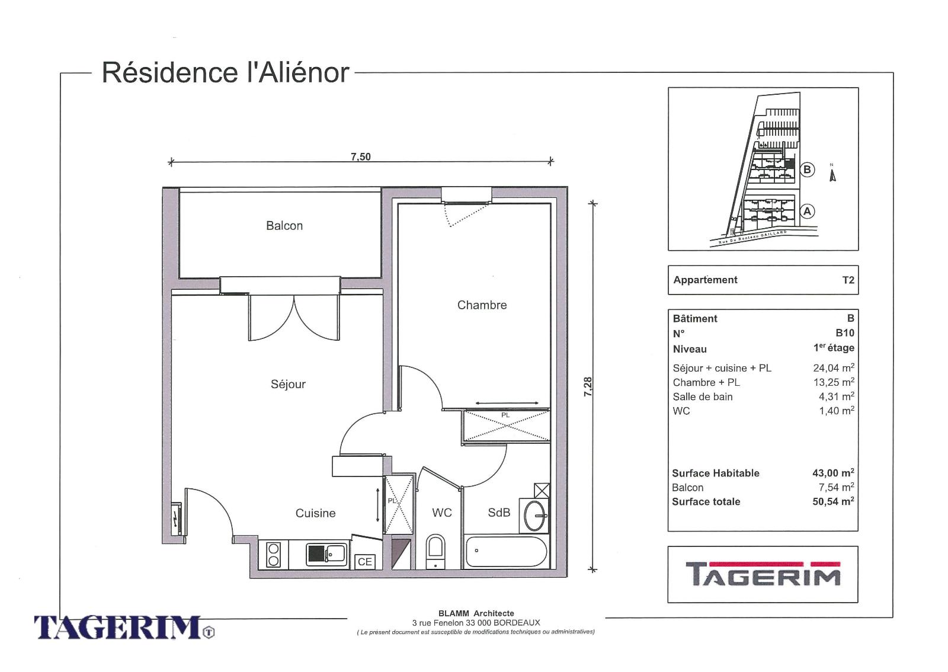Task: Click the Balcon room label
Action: pos(284,226)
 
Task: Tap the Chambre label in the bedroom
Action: pos(482,305)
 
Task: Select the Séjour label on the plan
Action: pos(288,384)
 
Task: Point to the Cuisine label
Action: pos(315,513)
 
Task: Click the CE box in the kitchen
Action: pos(365,562)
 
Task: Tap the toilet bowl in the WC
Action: pos(435,551)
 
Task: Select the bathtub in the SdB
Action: pos(506,551)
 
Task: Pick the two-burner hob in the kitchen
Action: pos(273,555)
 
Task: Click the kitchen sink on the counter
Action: pos(326,553)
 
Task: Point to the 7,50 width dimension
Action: pos(361,157)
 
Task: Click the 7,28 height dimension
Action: pos(588,387)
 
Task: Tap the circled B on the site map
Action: pos(807,169)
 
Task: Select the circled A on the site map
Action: pos(807,211)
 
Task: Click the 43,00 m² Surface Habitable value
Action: pos(833,473)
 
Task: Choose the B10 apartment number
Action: pos(845,333)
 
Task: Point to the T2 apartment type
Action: pos(848,280)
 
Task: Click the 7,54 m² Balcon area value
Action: pos(836,487)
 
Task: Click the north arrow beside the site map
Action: pos(832,175)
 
